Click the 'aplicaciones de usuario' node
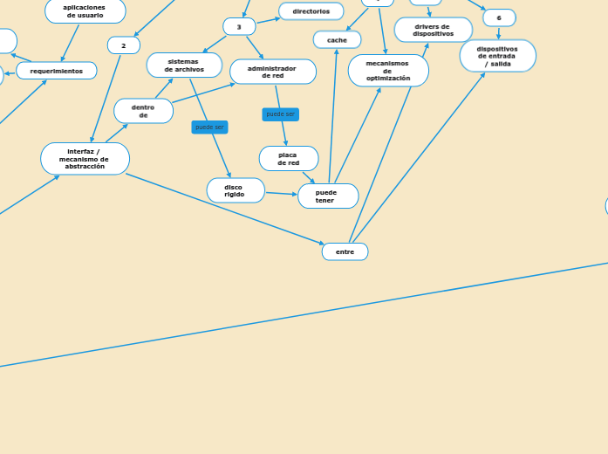85,10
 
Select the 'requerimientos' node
57,71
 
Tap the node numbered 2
124,45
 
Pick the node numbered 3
239,27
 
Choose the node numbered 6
499,18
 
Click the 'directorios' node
311,11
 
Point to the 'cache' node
337,40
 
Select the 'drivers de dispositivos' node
434,31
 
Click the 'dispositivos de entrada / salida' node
498,56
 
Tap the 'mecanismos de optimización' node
388,71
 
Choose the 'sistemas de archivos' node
184,65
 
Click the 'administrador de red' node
273,72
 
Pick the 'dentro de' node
143,111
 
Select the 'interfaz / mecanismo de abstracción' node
85,159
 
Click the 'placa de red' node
289,159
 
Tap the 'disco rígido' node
236,190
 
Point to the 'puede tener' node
328,196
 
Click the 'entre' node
345,251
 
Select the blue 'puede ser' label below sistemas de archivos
209,127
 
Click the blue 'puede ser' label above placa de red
280,114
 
